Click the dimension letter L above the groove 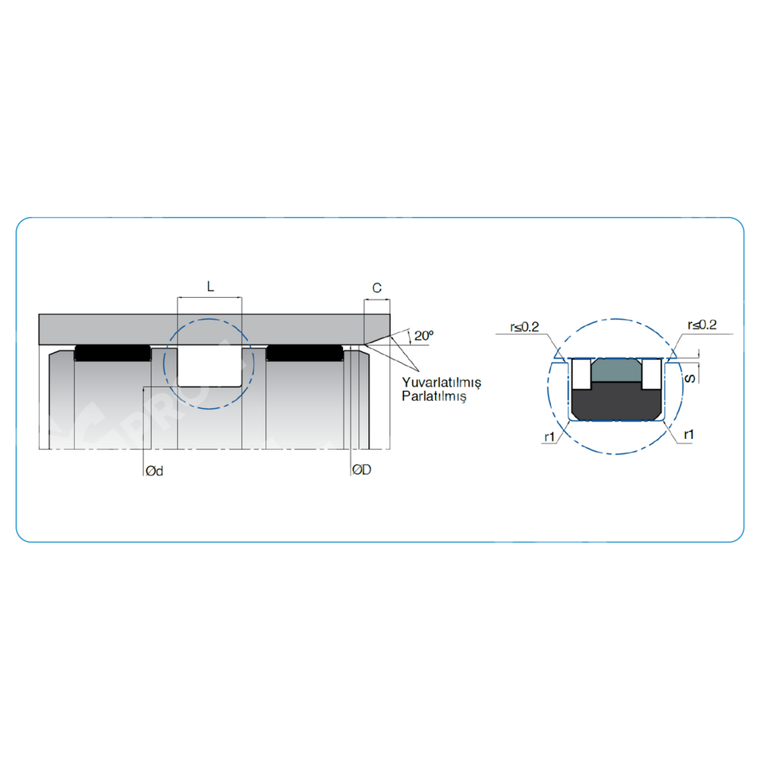tap(210, 287)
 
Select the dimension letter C tap(376, 288)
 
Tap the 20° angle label tap(424, 335)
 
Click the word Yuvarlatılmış tap(441, 383)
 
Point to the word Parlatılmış tap(434, 396)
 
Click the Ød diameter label tap(155, 471)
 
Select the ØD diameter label tap(361, 469)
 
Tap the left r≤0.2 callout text tap(524, 327)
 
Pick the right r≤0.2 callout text tap(702, 325)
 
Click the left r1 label tap(549, 437)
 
